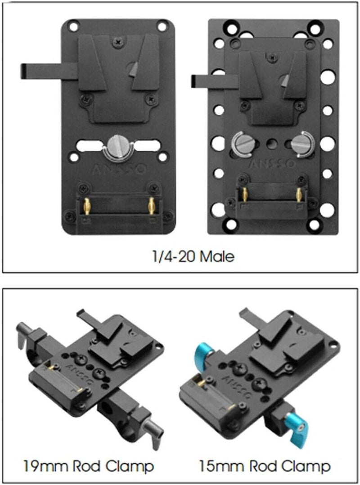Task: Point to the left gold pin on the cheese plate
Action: point(245,194)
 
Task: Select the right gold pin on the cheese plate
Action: point(298,194)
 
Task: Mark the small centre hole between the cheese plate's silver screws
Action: point(270,144)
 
